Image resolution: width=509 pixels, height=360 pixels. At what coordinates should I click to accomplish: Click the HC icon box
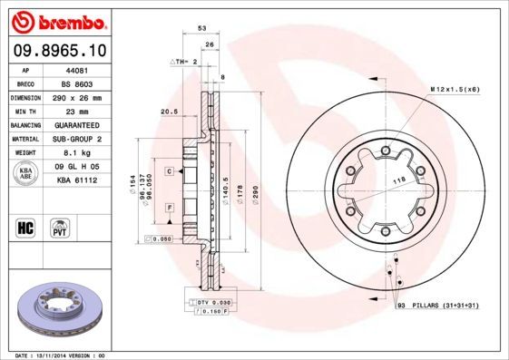(x=27, y=229)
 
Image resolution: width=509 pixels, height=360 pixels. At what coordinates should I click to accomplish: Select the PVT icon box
(x=60, y=229)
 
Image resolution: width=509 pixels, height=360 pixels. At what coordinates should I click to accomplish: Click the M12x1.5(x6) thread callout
(x=454, y=88)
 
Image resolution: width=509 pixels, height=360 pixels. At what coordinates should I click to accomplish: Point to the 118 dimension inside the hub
(x=396, y=182)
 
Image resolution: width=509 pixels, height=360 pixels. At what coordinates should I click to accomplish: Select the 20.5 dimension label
(x=167, y=112)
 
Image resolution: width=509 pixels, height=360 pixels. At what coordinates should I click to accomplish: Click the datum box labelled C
(x=169, y=170)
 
